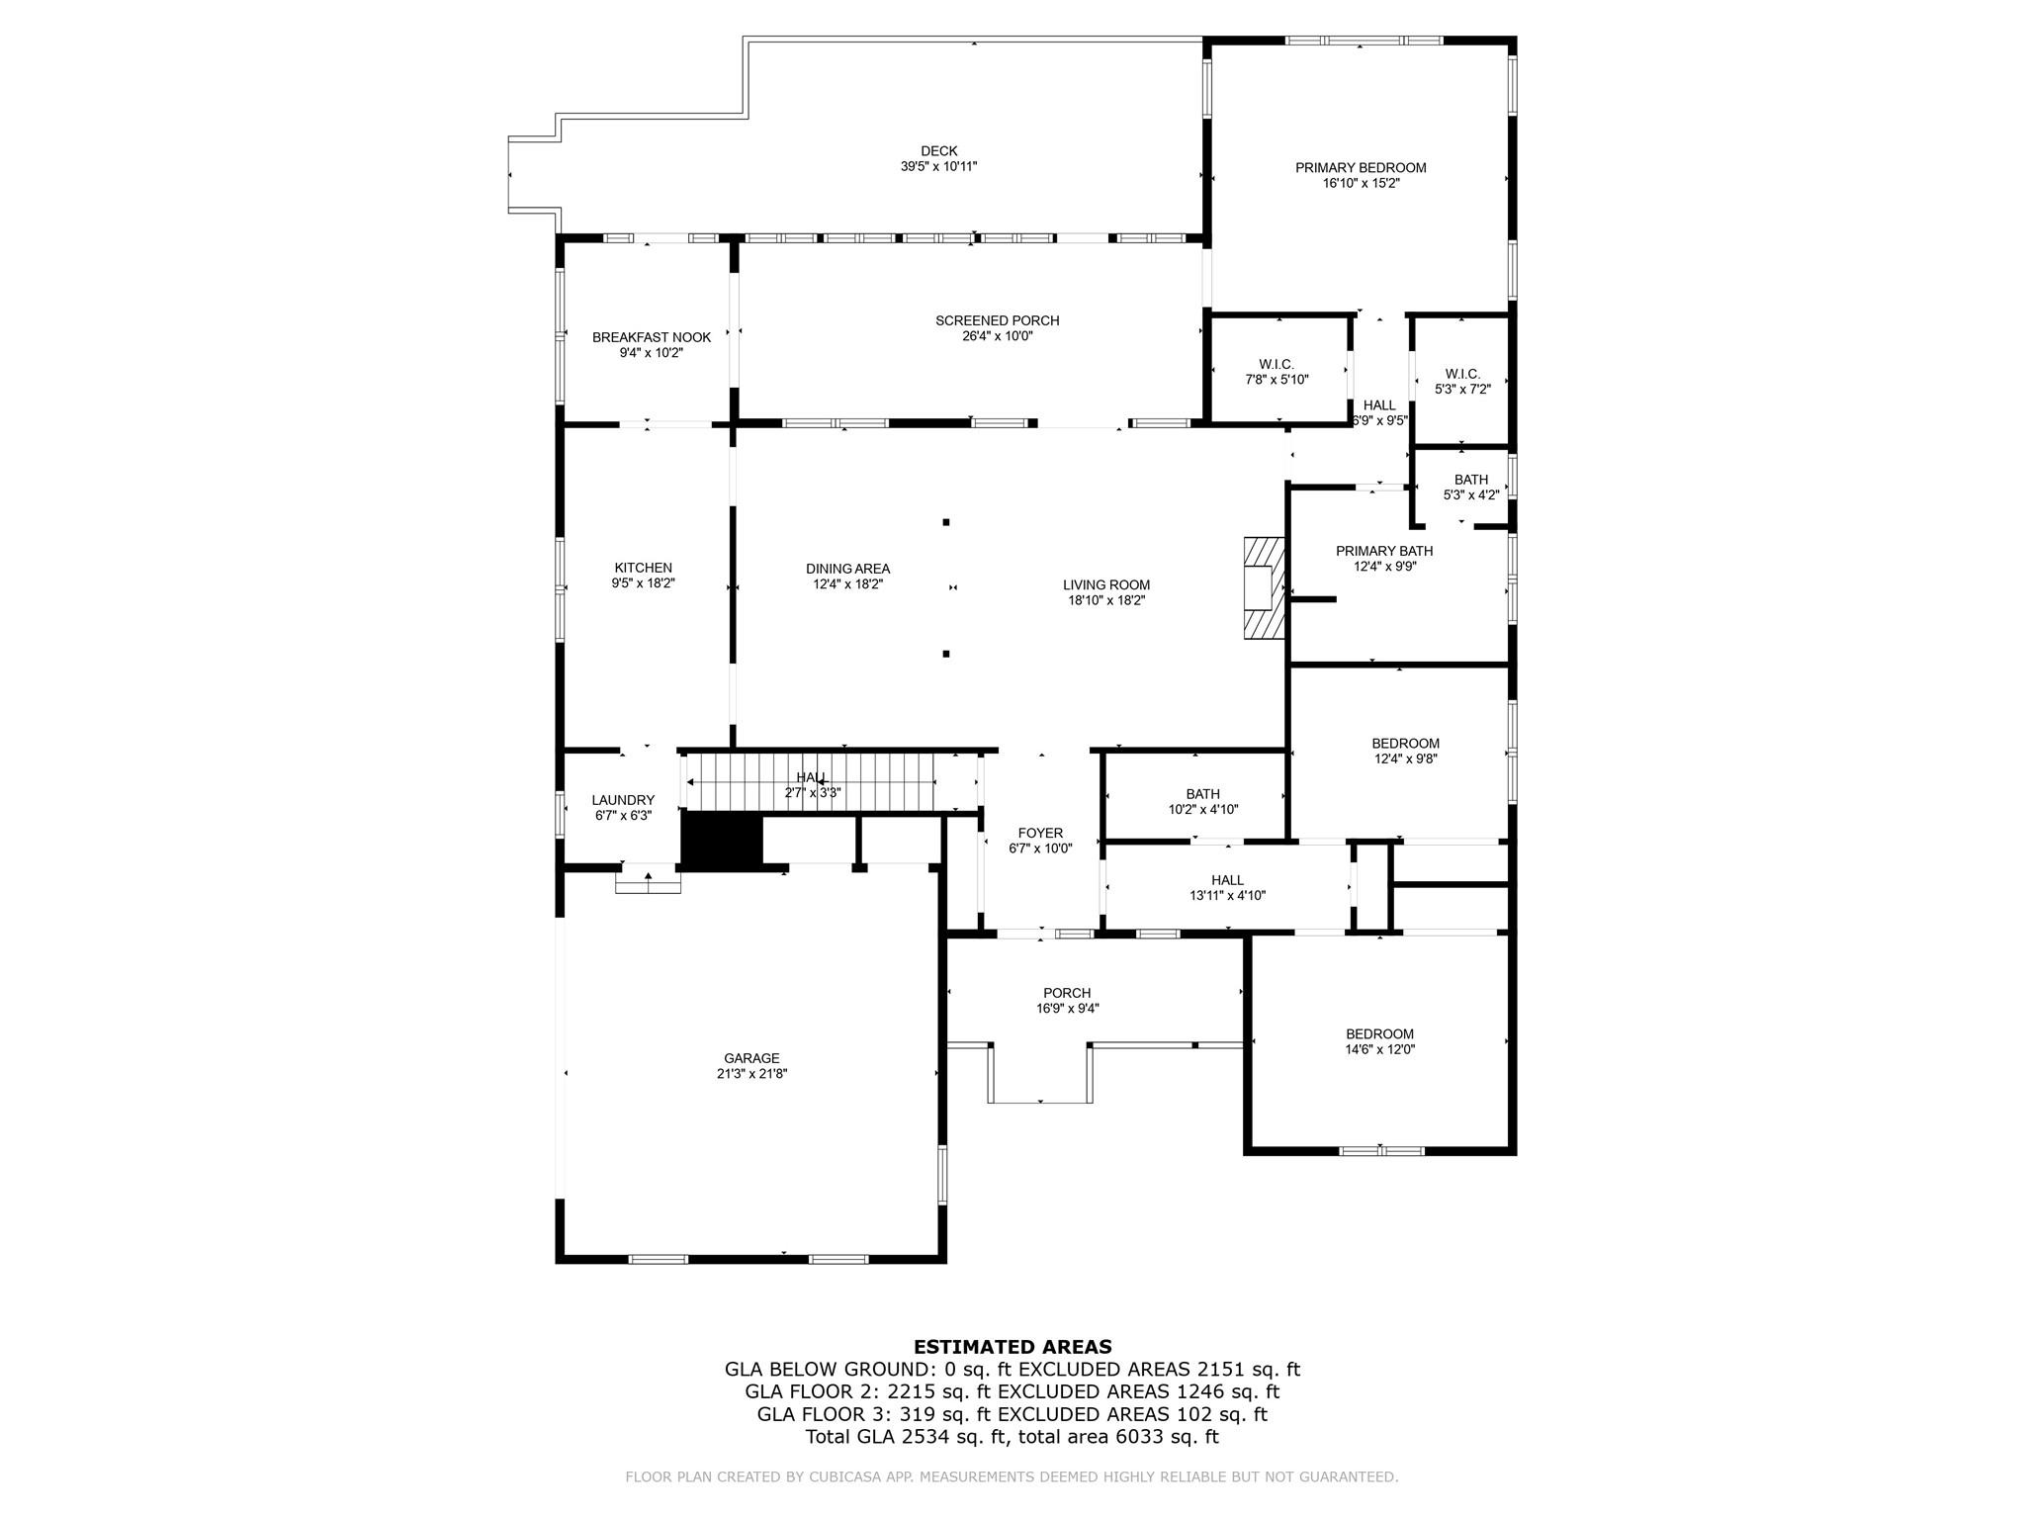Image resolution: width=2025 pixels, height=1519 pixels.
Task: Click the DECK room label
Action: click(938, 151)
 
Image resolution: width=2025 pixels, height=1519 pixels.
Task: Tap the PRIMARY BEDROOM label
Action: click(1361, 168)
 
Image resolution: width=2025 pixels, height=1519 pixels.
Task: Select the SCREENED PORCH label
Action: click(998, 320)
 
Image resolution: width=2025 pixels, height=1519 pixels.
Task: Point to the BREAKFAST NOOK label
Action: click(652, 337)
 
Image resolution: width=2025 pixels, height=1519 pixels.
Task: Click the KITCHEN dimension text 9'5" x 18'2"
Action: click(644, 583)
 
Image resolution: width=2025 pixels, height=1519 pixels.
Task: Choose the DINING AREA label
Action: click(847, 569)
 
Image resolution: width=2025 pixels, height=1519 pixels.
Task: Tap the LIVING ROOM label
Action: click(1106, 584)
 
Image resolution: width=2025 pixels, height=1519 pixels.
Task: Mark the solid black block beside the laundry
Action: click(722, 842)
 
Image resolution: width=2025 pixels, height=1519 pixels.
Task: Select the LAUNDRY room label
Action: click(623, 800)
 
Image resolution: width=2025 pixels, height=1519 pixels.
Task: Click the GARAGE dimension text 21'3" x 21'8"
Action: click(751, 1073)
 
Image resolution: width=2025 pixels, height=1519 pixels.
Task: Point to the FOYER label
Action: click(1040, 834)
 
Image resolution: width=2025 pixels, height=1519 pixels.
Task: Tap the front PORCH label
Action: click(1067, 993)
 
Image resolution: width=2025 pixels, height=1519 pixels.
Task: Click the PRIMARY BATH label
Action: click(1384, 551)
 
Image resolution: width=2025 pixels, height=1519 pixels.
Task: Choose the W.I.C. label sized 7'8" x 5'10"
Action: click(1277, 364)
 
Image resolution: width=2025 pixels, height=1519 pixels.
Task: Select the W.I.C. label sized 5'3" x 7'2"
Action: click(1462, 374)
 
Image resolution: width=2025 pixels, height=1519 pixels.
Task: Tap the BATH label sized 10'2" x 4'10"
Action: click(1203, 794)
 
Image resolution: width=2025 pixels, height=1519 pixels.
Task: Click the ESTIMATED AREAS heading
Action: click(1012, 1347)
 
